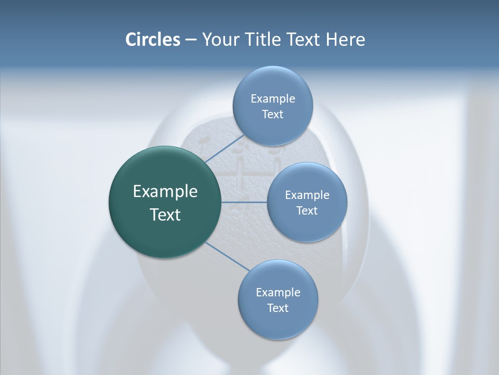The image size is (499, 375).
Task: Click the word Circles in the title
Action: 152,40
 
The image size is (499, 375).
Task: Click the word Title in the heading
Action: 265,40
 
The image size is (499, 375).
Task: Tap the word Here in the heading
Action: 345,40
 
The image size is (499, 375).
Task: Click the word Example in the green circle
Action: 165,192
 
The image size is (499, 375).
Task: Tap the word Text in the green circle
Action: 165,215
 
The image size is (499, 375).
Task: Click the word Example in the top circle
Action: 272,99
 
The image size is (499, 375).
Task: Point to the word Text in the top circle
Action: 272,115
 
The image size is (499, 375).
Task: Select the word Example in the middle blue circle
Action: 307,195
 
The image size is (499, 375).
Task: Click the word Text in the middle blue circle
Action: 307,211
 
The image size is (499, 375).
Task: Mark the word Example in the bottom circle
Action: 278,293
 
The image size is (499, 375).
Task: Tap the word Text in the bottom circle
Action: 278,308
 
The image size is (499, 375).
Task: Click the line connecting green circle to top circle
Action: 224,148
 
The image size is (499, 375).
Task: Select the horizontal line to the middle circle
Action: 244,202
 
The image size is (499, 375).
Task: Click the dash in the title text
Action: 191,40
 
